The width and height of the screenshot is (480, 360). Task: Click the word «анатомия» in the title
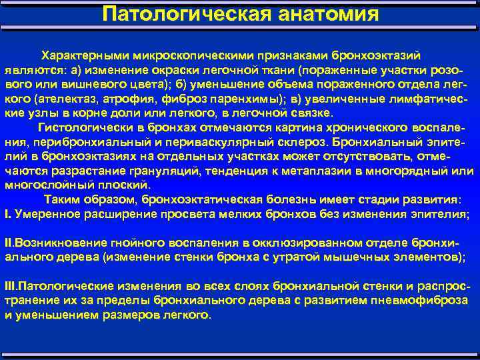[x=326, y=13]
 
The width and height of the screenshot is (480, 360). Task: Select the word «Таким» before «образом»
[x=62, y=199]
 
